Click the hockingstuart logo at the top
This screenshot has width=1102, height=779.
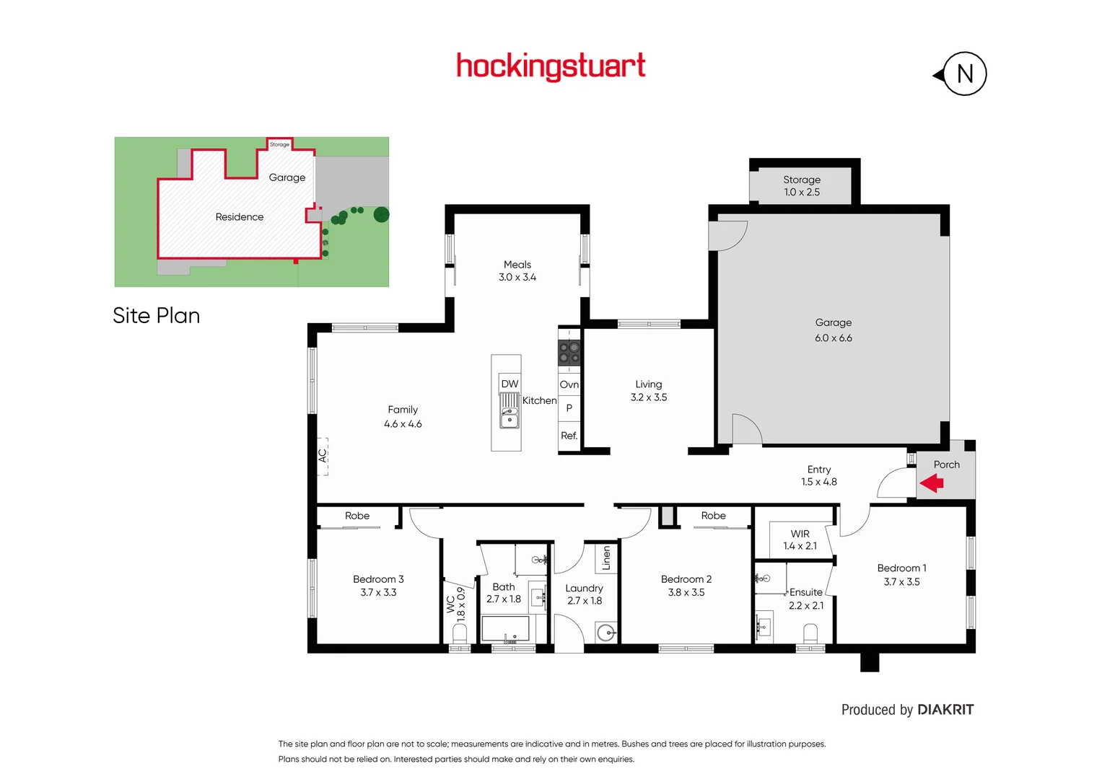[x=551, y=66]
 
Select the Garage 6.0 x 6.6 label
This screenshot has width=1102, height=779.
[x=834, y=330]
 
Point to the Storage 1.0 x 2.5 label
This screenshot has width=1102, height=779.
[x=802, y=186]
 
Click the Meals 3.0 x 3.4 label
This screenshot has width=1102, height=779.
[x=517, y=271]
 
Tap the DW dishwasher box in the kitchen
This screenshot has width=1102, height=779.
[x=510, y=384]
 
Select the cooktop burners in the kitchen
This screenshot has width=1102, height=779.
[x=569, y=353]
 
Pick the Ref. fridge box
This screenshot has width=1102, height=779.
[x=569, y=436]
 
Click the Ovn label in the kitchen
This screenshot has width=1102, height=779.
[x=569, y=384]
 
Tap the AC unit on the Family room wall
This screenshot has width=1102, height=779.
[x=323, y=456]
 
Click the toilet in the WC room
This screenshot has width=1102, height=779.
[x=460, y=633]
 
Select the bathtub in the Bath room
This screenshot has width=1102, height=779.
[x=505, y=629]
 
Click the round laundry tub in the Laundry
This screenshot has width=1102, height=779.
[x=606, y=633]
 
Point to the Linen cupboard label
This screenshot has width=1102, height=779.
[x=606, y=558]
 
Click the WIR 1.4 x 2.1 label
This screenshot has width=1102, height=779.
[x=800, y=540]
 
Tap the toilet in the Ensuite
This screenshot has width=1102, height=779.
[x=810, y=633]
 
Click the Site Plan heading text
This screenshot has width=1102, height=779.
[x=156, y=316]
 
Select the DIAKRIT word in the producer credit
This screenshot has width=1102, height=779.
[x=945, y=710]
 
